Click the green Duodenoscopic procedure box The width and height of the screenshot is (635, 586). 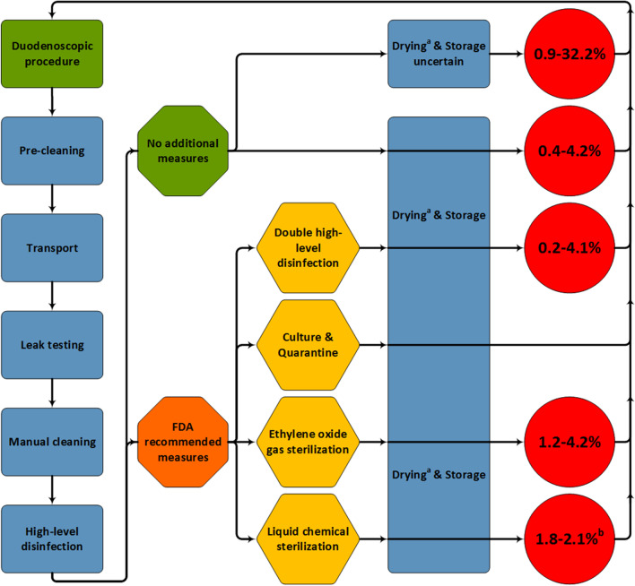pos(52,54)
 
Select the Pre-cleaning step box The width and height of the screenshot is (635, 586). pos(52,150)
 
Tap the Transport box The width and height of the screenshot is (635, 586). pos(52,246)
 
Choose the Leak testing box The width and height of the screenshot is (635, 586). pos(52,343)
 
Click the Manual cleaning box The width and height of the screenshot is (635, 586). pos(52,440)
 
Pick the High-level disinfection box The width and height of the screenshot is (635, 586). pos(52,537)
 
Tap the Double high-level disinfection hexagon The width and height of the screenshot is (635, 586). pos(308,246)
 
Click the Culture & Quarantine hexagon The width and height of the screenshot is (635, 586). pos(308,343)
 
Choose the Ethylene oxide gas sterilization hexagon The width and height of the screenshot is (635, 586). pos(308,440)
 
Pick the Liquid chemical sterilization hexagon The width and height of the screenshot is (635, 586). pos(308,537)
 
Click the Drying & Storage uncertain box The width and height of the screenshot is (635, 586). pos(439,54)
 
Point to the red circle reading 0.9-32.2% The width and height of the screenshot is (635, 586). pos(570,54)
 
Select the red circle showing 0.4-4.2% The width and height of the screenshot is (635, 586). pos(570,150)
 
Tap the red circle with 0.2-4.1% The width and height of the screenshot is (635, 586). pos(570,246)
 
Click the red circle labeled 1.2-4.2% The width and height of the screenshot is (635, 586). pos(570,440)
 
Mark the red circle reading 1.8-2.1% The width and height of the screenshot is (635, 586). pos(570,537)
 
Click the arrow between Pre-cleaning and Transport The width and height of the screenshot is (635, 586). pos(52,198)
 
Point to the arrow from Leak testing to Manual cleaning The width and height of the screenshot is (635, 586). pos(52,392)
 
